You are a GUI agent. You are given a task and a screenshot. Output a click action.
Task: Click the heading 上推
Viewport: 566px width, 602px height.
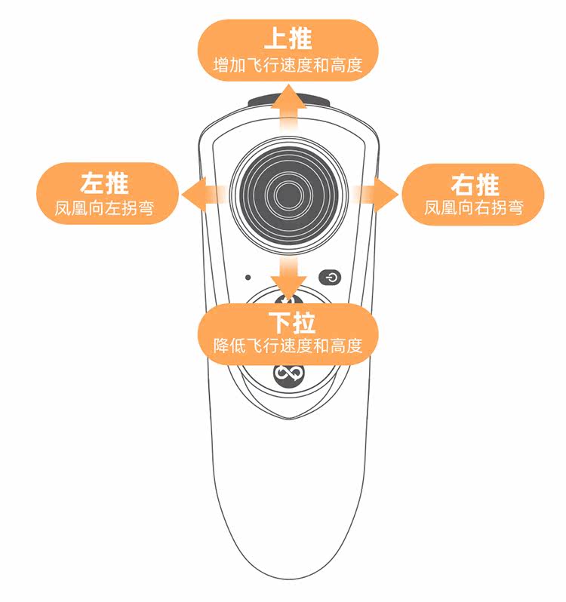[288, 38]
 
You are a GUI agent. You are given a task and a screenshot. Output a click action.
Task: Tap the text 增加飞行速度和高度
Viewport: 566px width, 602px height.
[288, 65]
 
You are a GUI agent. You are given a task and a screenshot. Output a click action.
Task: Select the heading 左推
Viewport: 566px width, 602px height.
[105, 183]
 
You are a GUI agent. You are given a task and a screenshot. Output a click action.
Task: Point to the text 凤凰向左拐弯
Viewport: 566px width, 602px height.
[105, 208]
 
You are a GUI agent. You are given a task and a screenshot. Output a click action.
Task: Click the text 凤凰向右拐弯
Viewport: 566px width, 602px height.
[474, 208]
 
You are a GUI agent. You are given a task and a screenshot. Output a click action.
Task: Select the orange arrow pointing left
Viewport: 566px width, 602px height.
[201, 195]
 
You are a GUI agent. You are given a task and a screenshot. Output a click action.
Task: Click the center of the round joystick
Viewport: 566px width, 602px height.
[288, 195]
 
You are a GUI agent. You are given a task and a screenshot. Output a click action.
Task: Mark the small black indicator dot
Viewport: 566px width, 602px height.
[248, 277]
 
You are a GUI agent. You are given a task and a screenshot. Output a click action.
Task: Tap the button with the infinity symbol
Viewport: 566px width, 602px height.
[288, 373]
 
